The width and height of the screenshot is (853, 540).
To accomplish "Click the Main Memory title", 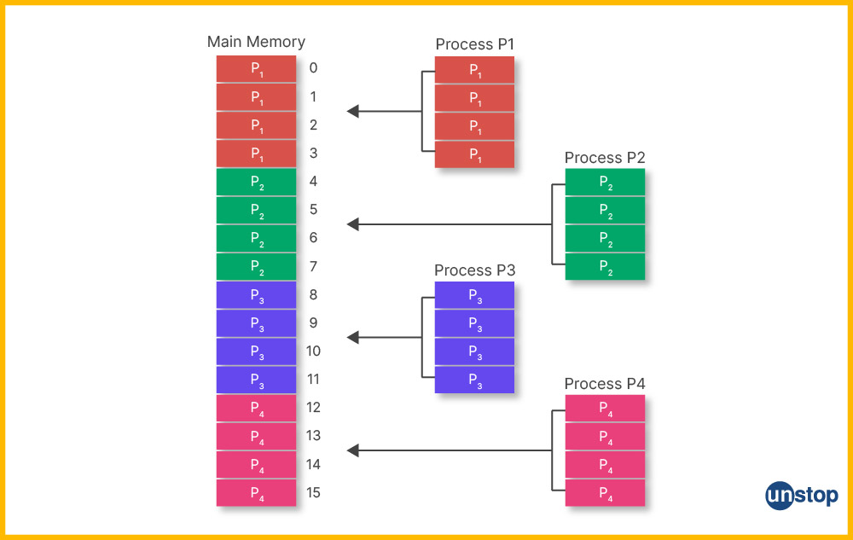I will [256, 41].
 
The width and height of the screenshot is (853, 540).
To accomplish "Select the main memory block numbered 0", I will [256, 69].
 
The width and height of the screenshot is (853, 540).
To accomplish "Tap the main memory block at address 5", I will [256, 210].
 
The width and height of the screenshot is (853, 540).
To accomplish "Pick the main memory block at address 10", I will [256, 351].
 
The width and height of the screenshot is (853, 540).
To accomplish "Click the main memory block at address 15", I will [256, 492].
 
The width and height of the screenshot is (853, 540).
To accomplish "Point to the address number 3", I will [313, 154].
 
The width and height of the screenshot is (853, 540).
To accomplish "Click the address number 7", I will [313, 266].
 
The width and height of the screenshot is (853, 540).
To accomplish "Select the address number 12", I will [313, 408].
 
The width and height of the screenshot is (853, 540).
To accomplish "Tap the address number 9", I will [313, 323].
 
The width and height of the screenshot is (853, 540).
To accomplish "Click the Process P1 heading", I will [474, 44].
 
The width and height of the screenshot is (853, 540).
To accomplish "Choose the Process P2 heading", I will [605, 158].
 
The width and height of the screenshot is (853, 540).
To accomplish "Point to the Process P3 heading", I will [474, 270].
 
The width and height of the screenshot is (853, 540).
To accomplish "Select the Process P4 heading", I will [605, 384].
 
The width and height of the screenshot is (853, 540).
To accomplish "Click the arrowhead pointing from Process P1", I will [353, 111].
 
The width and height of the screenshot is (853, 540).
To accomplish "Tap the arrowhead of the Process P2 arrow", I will [353, 224].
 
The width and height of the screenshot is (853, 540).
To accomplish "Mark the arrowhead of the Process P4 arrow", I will [353, 450].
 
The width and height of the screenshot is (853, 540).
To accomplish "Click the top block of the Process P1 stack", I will [474, 70].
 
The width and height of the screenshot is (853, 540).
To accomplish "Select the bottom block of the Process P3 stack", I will [474, 380].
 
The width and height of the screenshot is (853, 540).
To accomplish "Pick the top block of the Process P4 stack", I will [605, 409].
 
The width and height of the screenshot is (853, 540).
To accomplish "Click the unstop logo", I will [801, 495].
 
